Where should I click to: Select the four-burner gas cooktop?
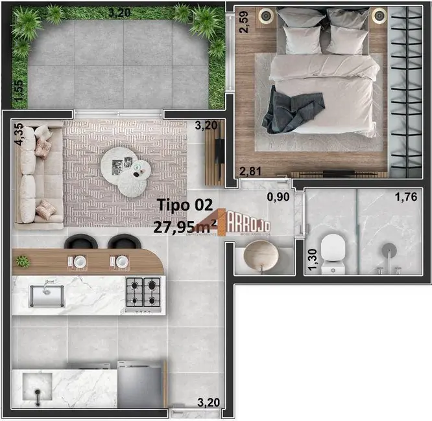(x=143, y=293)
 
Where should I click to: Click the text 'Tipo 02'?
(x=184, y=205)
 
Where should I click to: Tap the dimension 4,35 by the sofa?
(x=18, y=135)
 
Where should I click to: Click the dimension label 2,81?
(x=251, y=171)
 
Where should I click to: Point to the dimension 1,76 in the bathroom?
(x=407, y=197)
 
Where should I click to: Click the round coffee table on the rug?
(x=126, y=166)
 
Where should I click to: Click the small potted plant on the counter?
(x=23, y=260)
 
